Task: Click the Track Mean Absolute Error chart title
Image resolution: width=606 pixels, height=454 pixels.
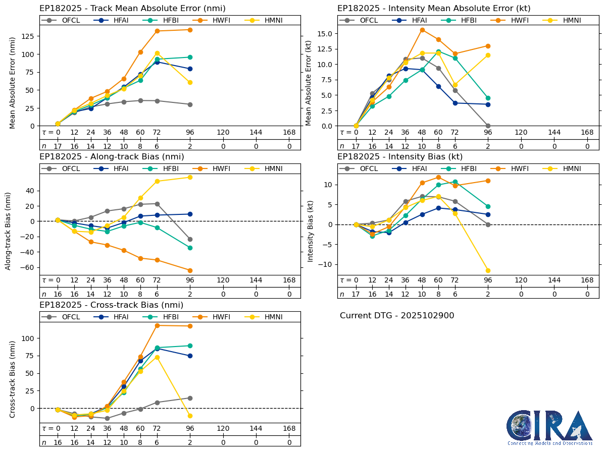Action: click(132, 9)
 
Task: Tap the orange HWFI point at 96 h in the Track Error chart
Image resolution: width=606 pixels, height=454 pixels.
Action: click(190, 30)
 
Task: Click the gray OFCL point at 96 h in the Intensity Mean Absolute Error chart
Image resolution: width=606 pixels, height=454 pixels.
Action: click(488, 126)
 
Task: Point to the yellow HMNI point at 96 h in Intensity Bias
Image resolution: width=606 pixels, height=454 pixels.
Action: click(488, 271)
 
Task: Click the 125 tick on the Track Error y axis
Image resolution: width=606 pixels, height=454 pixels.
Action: click(31, 36)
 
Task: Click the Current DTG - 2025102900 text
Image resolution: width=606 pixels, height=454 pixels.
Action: click(397, 316)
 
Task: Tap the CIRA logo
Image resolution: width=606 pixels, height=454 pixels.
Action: click(550, 428)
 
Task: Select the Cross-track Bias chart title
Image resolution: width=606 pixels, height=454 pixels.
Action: click(111, 305)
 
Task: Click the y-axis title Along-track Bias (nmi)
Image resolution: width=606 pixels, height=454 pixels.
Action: click(9, 231)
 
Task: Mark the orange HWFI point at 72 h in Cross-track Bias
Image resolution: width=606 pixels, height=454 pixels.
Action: click(157, 325)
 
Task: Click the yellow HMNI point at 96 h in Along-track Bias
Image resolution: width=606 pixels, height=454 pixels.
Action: click(190, 177)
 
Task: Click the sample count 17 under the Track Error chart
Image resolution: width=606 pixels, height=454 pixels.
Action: click(58, 146)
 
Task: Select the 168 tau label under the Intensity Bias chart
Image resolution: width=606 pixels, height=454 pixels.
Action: click(587, 280)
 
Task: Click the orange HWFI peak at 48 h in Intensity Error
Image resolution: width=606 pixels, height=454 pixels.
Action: click(422, 30)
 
